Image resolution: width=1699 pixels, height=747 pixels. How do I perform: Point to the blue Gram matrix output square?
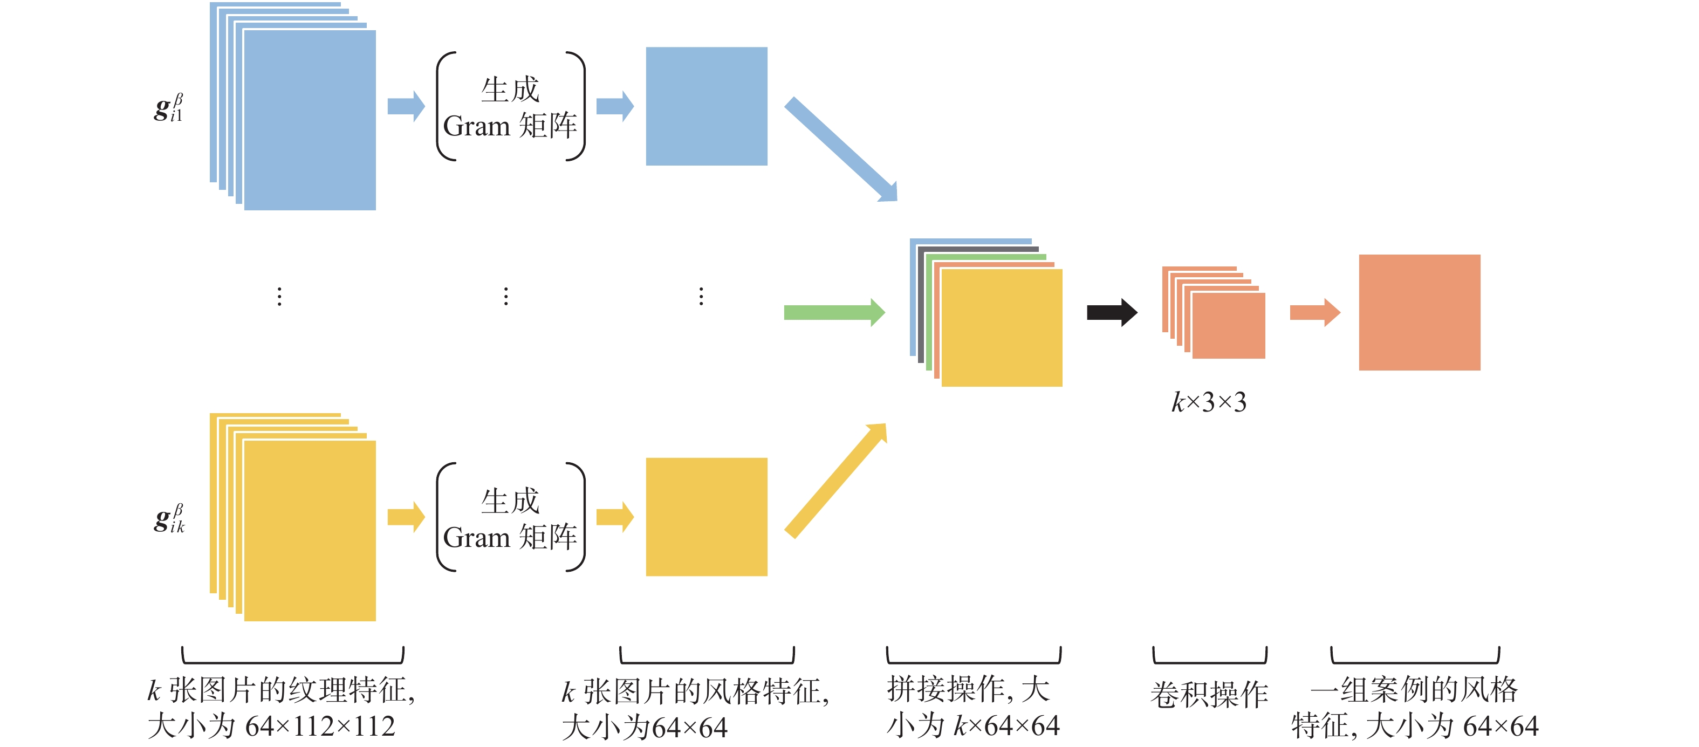pyautogui.click(x=707, y=106)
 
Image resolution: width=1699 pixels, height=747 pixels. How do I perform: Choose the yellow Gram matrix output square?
pyautogui.click(x=707, y=517)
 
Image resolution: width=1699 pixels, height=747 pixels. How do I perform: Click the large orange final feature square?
pyautogui.click(x=1420, y=312)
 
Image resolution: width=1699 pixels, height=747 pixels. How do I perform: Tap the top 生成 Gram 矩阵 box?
pyautogui.click(x=510, y=107)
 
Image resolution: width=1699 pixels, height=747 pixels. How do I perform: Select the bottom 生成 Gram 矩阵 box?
pyautogui.click(x=510, y=518)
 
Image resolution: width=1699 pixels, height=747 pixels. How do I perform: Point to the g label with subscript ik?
pyautogui.click(x=169, y=518)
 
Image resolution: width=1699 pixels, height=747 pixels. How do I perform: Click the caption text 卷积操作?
pyautogui.click(x=1209, y=694)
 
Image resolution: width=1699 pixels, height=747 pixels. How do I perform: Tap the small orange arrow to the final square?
pyautogui.click(x=1314, y=312)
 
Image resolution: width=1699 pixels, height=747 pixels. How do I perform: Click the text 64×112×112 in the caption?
pyautogui.click(x=320, y=727)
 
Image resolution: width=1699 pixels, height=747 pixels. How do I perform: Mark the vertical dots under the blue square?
pyautogui.click(x=701, y=296)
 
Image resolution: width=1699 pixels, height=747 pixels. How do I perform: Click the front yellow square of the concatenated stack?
pyautogui.click(x=1002, y=328)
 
